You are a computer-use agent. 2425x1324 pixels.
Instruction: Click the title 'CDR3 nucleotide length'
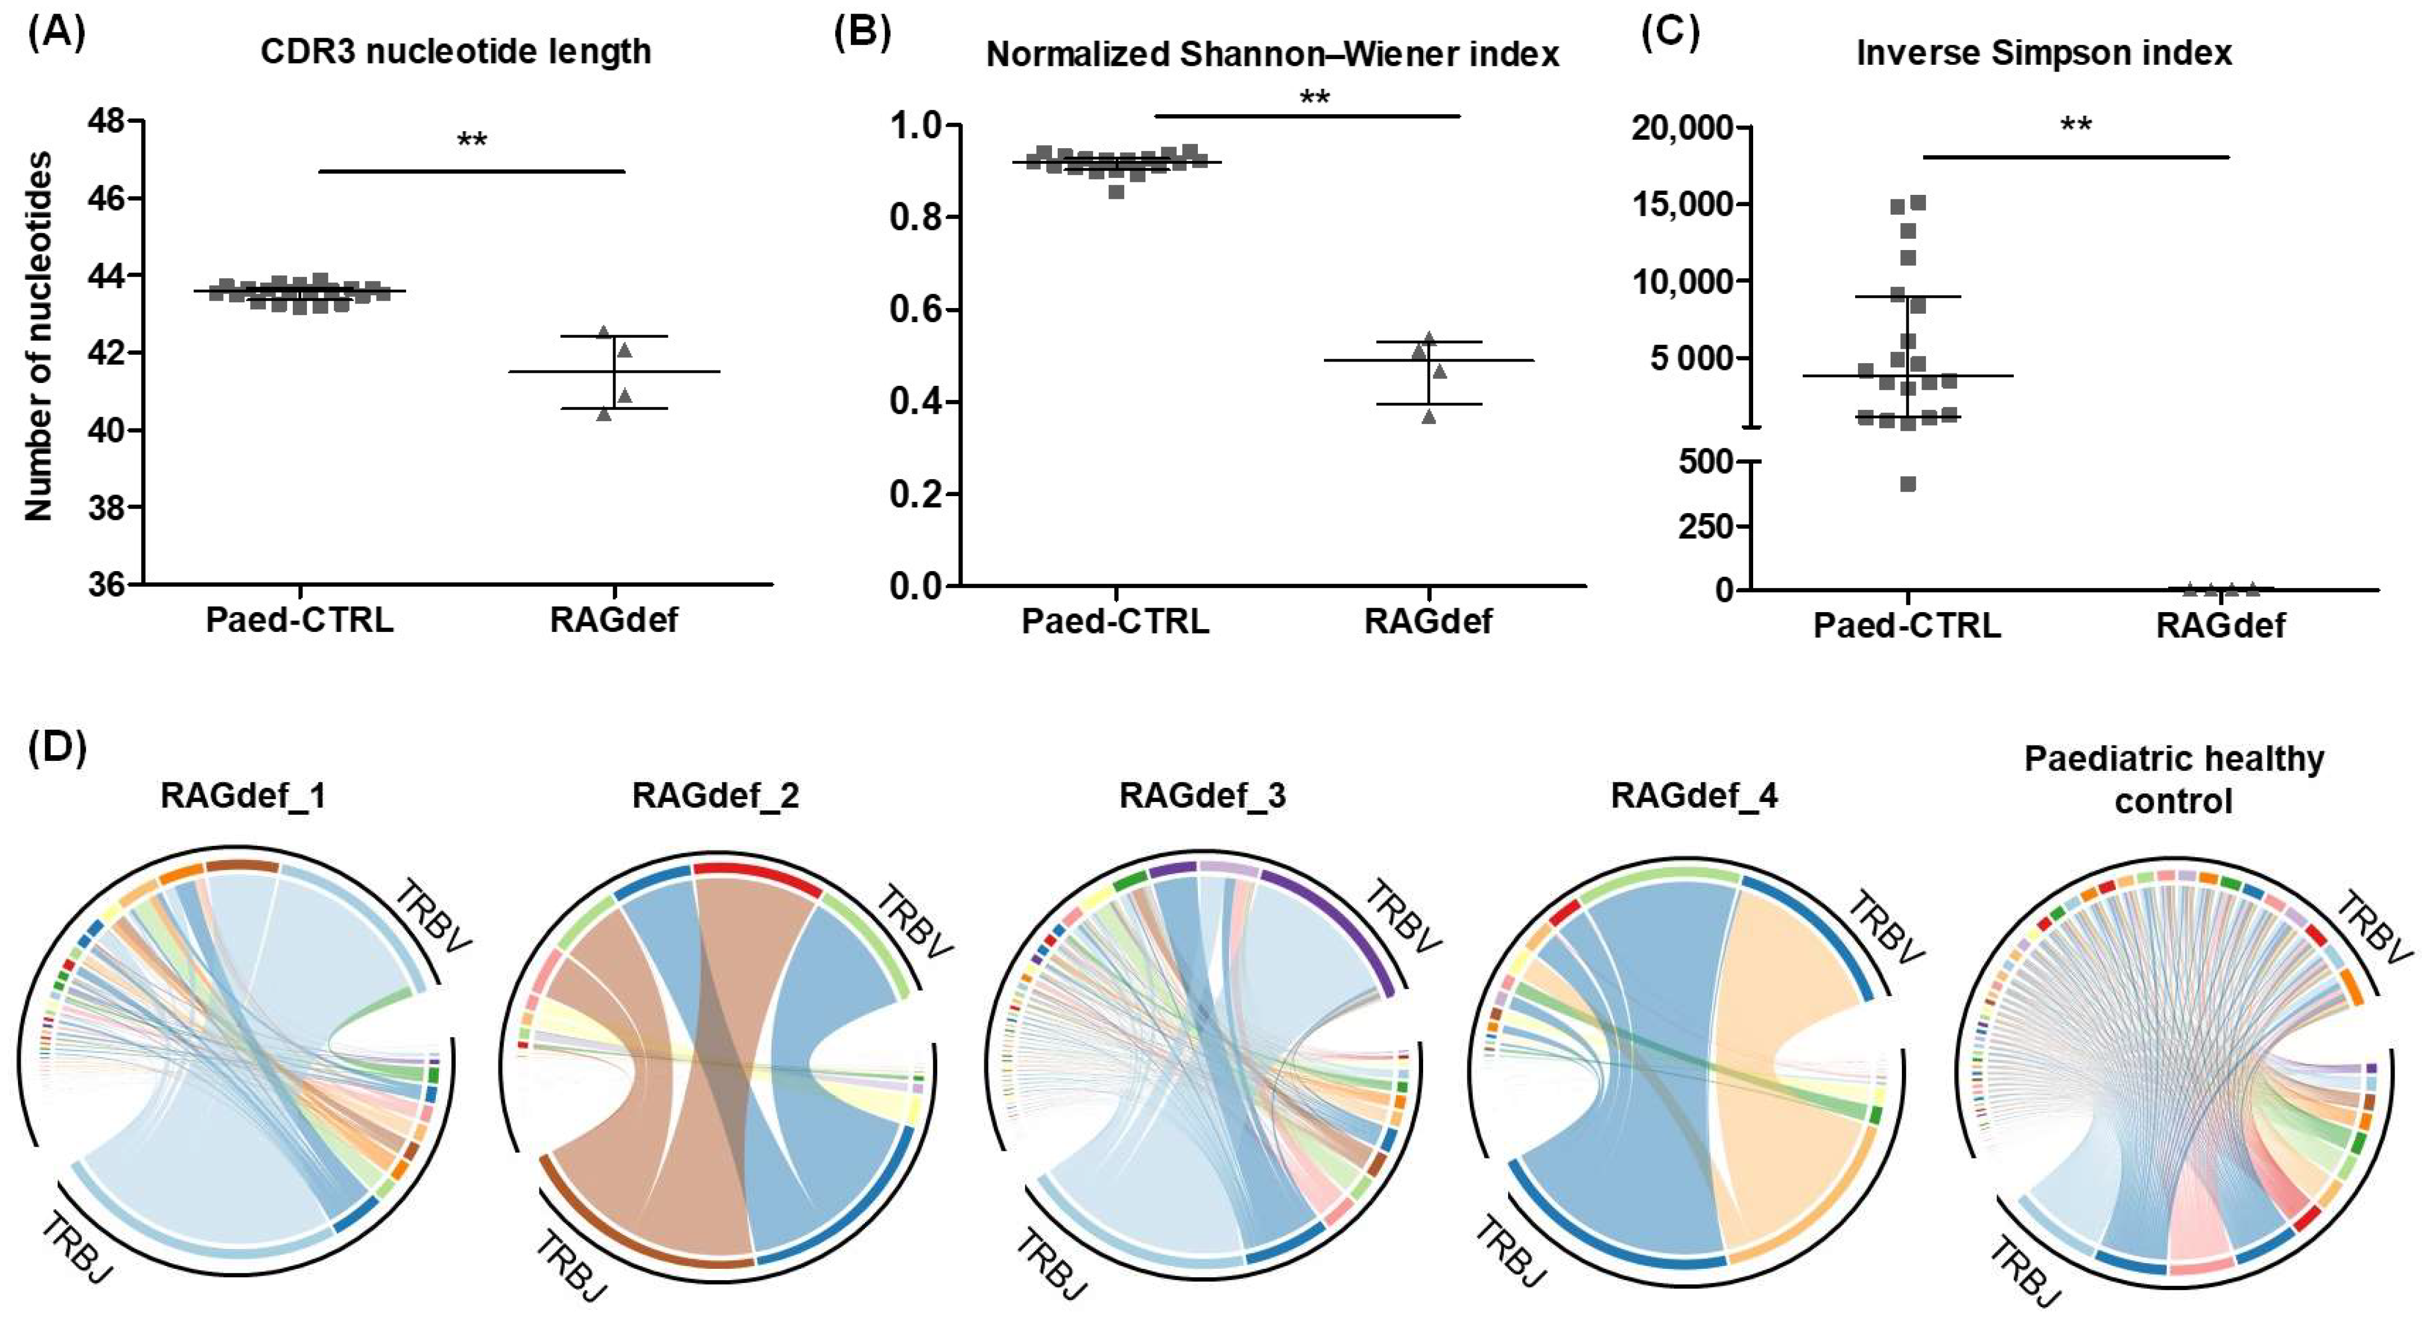click(456, 52)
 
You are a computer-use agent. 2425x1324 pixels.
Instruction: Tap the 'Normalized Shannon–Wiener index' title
click(1273, 55)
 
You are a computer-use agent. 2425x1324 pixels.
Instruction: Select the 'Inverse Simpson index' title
click(2044, 53)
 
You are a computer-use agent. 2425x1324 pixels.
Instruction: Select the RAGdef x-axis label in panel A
click(614, 621)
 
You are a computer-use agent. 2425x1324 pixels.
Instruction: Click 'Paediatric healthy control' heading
click(2174, 780)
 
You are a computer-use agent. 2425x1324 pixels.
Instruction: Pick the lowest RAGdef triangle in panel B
click(1429, 416)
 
